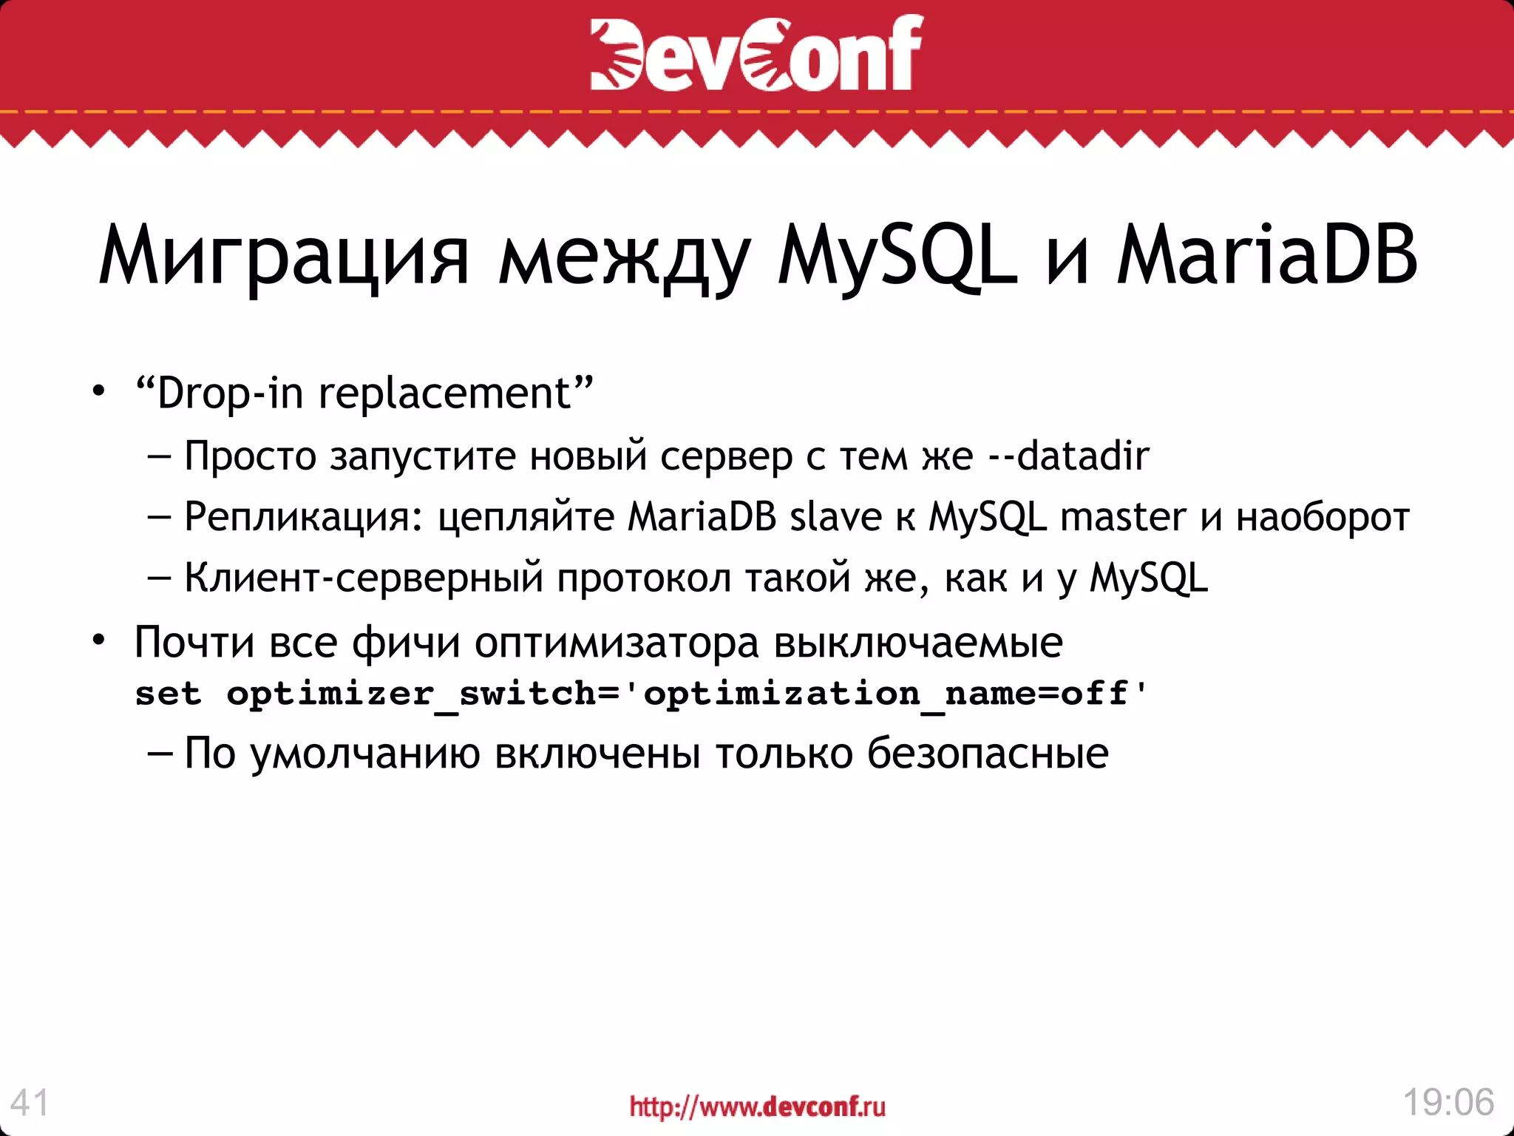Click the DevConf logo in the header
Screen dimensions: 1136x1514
[x=756, y=53]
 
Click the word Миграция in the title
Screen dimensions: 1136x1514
[x=284, y=256]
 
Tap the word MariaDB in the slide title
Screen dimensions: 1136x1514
[x=1266, y=254]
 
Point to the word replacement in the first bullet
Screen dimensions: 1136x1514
[x=444, y=393]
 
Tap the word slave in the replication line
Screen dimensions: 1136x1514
[x=835, y=516]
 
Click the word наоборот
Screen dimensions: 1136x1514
[x=1323, y=517]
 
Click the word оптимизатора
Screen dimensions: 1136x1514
[x=617, y=643]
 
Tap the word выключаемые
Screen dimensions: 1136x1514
[x=918, y=642]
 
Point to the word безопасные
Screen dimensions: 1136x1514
[x=988, y=754]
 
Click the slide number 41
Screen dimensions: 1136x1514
[x=30, y=1103]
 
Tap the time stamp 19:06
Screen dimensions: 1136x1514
[x=1448, y=1102]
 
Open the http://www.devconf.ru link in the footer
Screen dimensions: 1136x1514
[x=757, y=1106]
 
